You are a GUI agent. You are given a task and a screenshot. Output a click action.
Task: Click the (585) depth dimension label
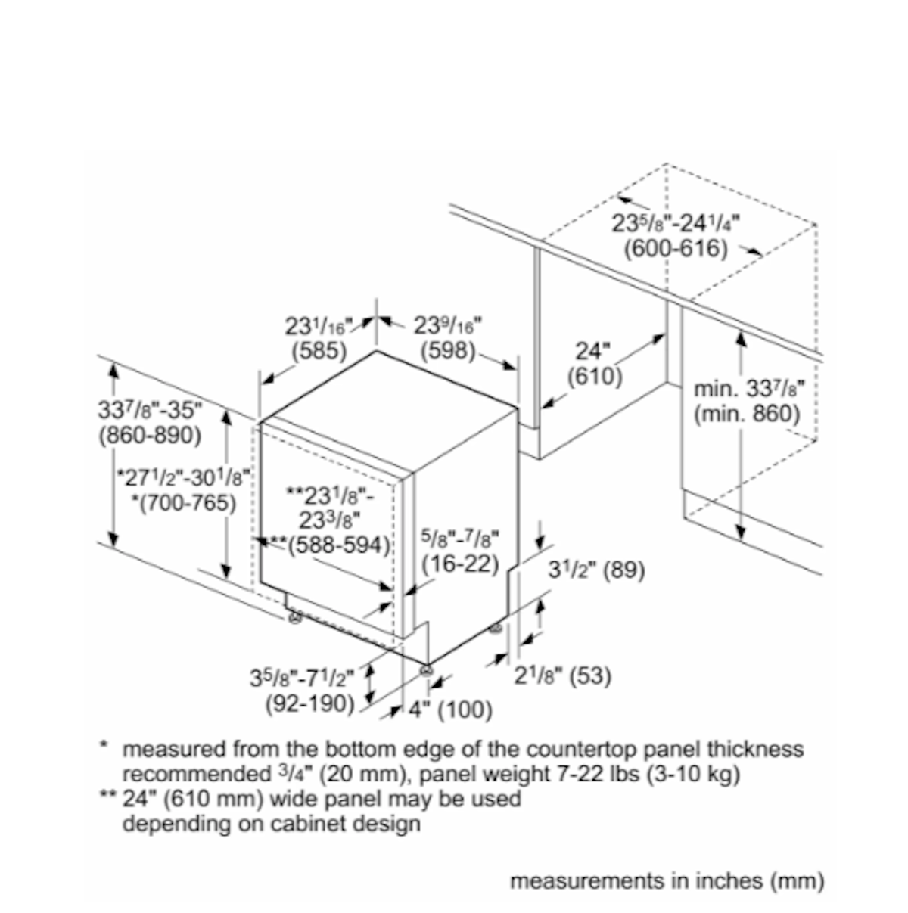point(319,351)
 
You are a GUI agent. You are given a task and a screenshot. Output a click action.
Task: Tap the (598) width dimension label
point(448,351)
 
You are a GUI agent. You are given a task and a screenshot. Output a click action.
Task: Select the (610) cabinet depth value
point(595,377)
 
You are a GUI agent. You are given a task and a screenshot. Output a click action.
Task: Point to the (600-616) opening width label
point(676,249)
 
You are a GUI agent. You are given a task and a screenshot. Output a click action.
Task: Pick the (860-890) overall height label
point(150,436)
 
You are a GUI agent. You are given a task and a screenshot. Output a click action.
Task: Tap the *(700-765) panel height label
point(183,503)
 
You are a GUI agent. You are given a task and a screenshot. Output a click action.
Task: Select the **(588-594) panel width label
point(329,545)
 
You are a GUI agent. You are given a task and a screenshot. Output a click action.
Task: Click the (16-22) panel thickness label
point(460,564)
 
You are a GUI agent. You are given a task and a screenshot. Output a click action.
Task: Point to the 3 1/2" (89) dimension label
point(596,570)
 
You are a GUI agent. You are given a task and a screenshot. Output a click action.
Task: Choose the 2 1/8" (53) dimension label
point(563,675)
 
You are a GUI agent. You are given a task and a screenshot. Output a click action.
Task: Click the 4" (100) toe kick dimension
point(450,710)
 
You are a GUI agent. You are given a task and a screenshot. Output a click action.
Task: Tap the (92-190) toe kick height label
point(310,704)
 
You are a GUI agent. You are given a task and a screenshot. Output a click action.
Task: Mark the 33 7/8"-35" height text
point(150,410)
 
